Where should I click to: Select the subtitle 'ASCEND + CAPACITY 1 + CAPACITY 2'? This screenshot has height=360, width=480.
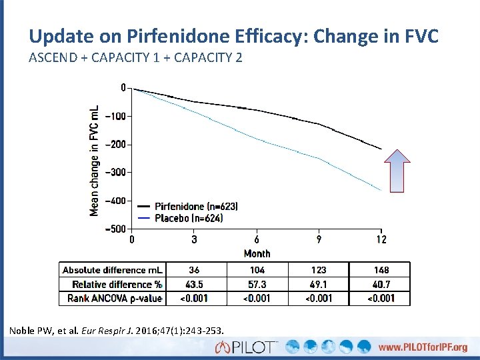pos(135,57)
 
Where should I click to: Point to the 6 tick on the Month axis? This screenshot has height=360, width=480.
pos(257,239)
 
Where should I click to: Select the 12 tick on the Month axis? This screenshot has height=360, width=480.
pos(381,239)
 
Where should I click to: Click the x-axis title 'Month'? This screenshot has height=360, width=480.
pos(257,253)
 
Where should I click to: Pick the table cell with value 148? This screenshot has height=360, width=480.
pos(381,270)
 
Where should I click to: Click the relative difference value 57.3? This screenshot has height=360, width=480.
pos(257,284)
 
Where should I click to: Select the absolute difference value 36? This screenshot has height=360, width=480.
pos(194,270)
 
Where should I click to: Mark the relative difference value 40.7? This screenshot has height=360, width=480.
pos(381,284)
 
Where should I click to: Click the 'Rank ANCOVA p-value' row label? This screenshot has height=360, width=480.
pos(115,298)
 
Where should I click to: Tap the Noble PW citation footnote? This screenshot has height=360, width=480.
pos(117,330)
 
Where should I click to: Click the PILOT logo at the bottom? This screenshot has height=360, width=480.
pos(247,347)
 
